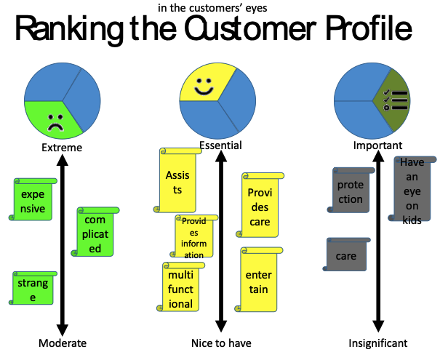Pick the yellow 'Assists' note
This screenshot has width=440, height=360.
tap(177, 182)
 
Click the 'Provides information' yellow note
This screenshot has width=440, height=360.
tap(194, 238)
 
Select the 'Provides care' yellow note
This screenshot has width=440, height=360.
tap(259, 207)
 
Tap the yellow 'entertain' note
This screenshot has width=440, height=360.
tap(258, 282)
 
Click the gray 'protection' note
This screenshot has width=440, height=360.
tap(350, 191)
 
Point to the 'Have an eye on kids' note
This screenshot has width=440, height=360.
tap(412, 191)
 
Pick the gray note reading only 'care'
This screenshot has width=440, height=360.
tap(346, 256)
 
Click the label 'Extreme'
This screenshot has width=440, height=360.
tap(62, 148)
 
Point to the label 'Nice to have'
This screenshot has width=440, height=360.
tap(221, 343)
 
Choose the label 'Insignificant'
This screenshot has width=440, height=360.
tap(377, 343)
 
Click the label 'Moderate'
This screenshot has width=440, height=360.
tap(63, 343)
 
